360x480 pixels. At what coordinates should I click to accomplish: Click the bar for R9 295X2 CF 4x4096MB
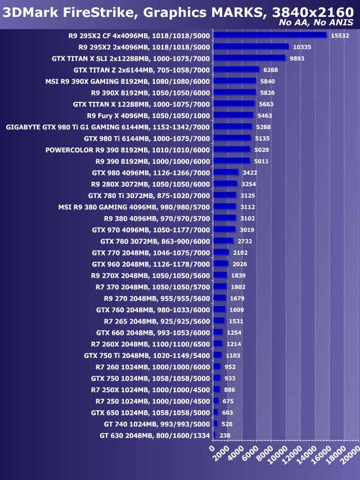[270, 35]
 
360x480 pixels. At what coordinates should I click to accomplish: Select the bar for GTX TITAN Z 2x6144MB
[236, 70]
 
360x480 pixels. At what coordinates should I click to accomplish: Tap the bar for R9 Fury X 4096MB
[233, 115]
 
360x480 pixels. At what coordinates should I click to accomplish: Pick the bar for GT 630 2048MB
[214, 435]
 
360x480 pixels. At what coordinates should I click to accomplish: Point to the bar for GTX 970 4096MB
[224, 230]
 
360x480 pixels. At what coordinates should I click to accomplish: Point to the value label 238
[224, 435]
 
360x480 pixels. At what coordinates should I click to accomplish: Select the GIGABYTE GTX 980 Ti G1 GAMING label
[107, 127]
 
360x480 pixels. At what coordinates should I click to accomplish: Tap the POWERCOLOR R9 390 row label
[127, 150]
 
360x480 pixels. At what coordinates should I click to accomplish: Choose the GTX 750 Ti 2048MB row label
[146, 355]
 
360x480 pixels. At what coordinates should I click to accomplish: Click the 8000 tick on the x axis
[264, 454]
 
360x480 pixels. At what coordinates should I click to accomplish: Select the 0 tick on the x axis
[212, 448]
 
